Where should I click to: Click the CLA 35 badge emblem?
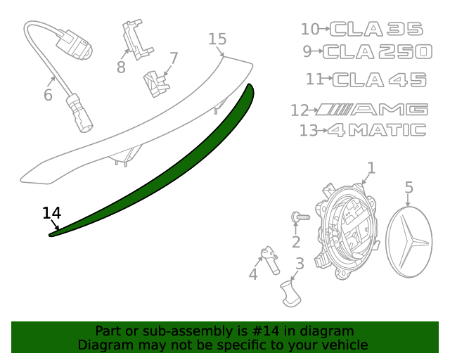click(377, 29)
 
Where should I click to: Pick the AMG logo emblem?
click(371, 110)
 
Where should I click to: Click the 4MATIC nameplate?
click(377, 130)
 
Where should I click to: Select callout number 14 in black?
click(51, 212)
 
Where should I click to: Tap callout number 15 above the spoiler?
click(217, 39)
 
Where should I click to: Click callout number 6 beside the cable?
click(48, 94)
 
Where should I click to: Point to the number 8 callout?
click(121, 67)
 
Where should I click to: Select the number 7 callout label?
click(173, 58)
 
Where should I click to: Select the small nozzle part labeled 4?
click(269, 259)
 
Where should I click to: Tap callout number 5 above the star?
click(409, 187)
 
